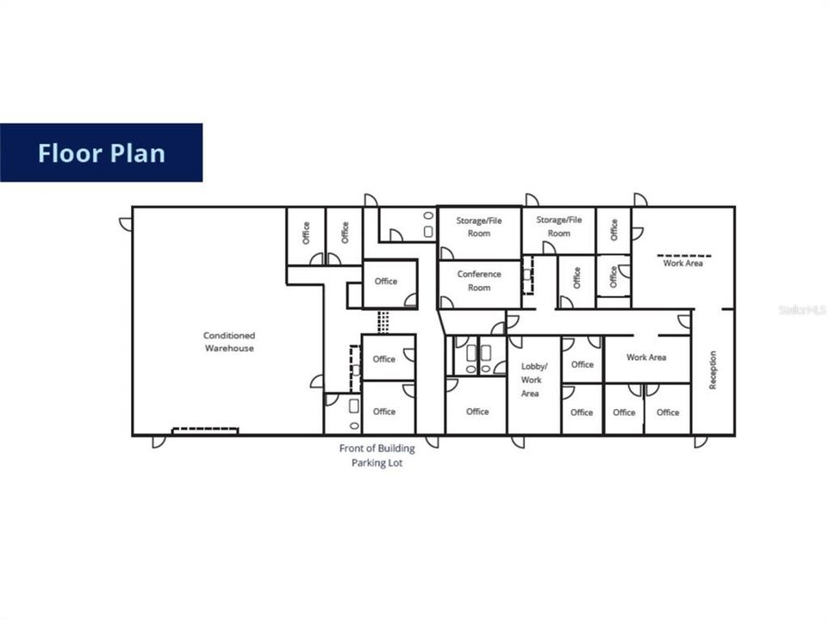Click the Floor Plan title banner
click(x=101, y=152)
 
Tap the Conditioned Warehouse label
click(x=229, y=342)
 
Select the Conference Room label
click(x=479, y=281)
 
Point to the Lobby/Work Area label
click(x=532, y=380)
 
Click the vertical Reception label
click(x=713, y=369)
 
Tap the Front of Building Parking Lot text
click(x=377, y=456)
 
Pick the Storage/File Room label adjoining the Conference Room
click(x=479, y=226)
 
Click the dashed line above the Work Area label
click(x=685, y=256)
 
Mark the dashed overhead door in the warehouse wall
click(x=205, y=430)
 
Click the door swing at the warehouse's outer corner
click(x=126, y=224)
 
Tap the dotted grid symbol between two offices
click(x=383, y=321)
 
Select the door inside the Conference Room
click(x=446, y=302)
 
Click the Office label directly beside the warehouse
click(x=306, y=232)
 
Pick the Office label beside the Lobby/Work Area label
click(x=582, y=364)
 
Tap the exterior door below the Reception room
click(x=700, y=442)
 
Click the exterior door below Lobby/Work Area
click(x=518, y=442)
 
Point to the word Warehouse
click(x=229, y=349)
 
